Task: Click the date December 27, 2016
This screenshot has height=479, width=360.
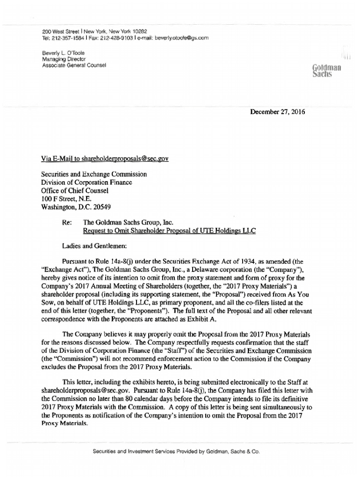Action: point(278,113)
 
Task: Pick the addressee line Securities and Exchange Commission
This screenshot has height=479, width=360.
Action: point(94,174)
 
